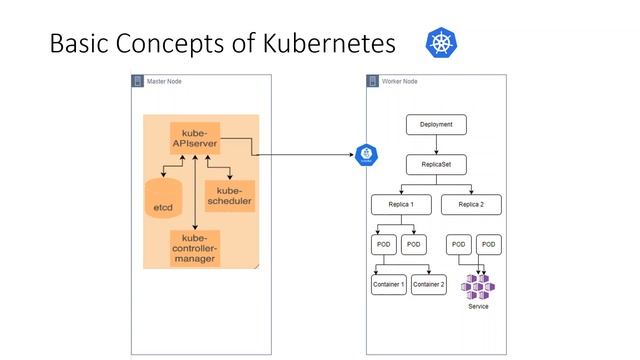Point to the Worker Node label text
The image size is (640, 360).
400,81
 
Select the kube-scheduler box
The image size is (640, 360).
229,196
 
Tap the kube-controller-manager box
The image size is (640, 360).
194,248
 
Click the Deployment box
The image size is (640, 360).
436,125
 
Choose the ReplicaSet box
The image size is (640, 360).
436,164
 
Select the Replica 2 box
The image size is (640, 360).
471,204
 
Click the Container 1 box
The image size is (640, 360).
388,285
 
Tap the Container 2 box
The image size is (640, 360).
428,285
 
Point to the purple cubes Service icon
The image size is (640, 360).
478,286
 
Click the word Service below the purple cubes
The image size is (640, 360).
478,306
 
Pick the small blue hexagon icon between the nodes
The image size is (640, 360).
366,155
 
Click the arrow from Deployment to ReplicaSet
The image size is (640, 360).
436,145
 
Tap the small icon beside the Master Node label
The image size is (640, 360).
138,81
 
